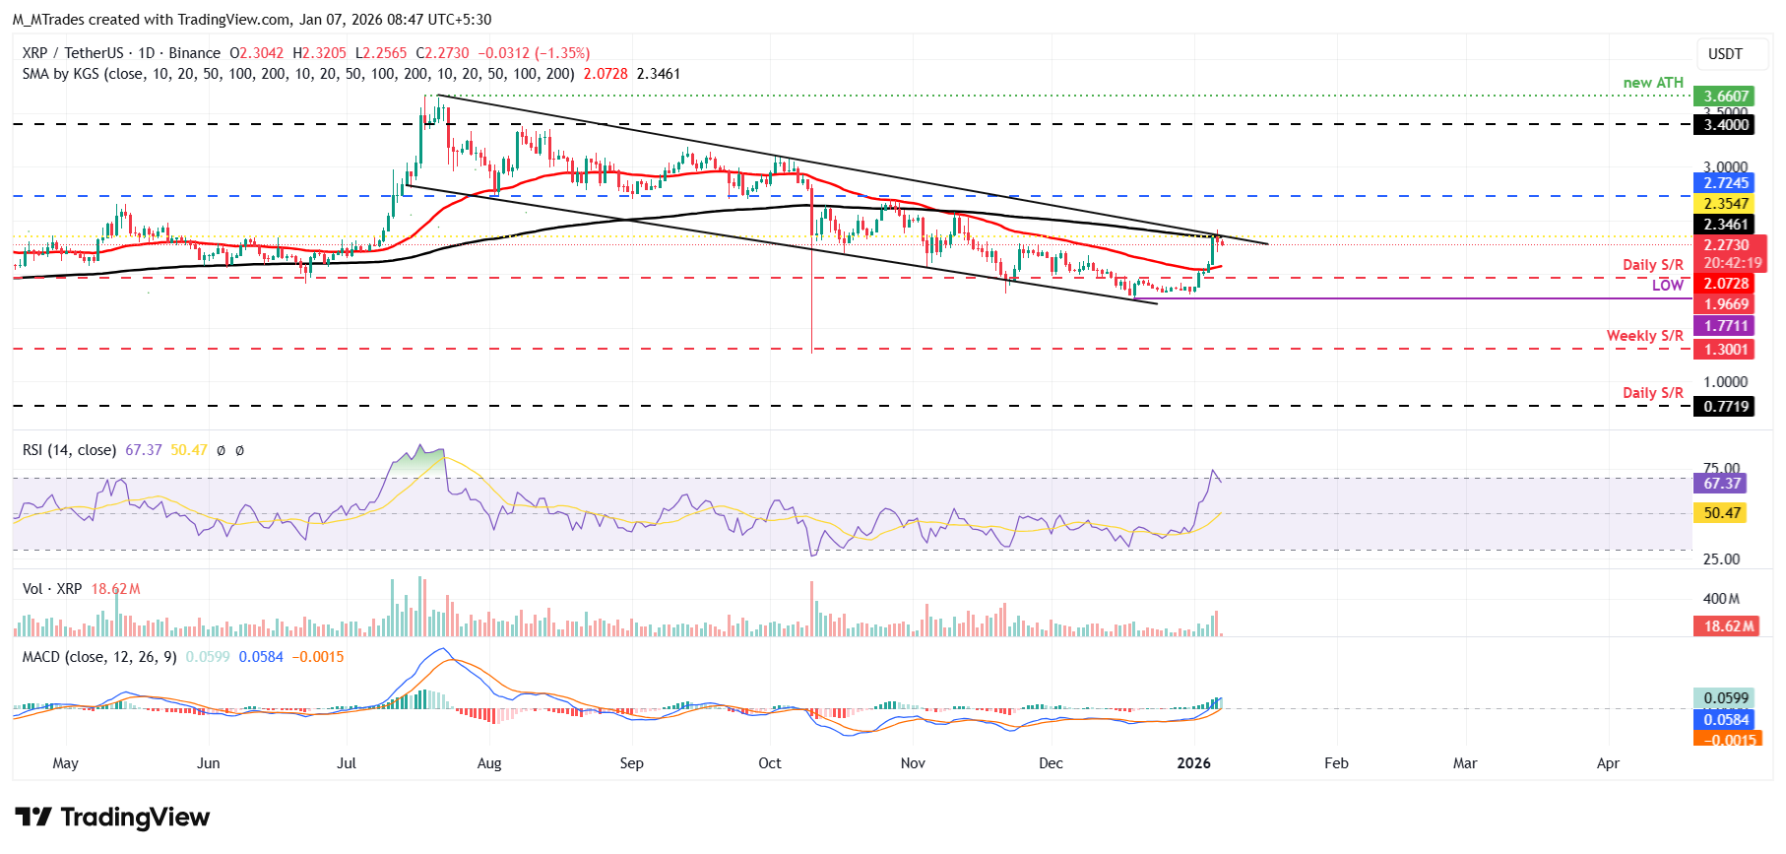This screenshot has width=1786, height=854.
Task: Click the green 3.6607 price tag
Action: (1726, 97)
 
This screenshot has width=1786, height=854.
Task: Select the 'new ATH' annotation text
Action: (1653, 83)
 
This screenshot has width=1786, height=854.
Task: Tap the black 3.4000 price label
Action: (1726, 124)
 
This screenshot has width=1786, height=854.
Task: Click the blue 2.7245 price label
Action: (1726, 183)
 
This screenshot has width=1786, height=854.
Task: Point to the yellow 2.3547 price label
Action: (1726, 204)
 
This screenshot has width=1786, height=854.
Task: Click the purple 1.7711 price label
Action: (1726, 326)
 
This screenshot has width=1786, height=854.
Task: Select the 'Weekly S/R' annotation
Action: (1644, 336)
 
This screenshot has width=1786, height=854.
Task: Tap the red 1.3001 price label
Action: (1726, 350)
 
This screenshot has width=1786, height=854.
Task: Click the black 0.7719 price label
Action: (1726, 407)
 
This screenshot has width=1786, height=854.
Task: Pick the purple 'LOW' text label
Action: (1667, 286)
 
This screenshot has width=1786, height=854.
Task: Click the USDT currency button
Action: (1724, 54)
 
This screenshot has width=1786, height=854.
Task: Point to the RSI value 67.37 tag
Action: (1721, 484)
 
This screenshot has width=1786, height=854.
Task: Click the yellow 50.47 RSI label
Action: (1721, 513)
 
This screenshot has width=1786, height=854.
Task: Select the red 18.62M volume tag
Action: (1729, 626)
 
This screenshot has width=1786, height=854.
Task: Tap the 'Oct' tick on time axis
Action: (769, 763)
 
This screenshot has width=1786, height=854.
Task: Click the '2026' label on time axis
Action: (1193, 763)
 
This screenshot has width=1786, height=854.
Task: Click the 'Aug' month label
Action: (488, 763)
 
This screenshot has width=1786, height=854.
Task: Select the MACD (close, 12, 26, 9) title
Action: (99, 657)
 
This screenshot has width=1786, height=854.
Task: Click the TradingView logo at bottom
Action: (112, 818)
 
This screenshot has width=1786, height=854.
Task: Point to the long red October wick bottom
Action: (812, 350)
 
